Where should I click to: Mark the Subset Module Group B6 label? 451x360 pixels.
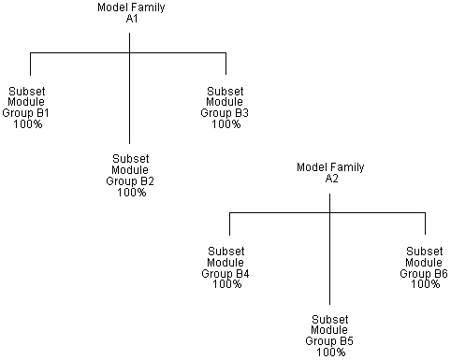point(425,267)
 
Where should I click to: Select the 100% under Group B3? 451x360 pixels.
point(226,124)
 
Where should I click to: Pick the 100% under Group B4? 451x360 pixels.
point(227,284)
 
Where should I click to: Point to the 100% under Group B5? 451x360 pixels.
point(331,353)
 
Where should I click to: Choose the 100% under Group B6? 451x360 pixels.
point(425,284)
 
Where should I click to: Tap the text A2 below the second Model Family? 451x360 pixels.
point(331,178)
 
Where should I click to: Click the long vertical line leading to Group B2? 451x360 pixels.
point(130,103)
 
